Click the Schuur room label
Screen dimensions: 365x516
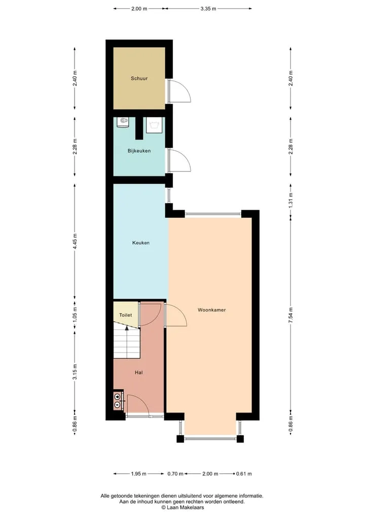(x=139, y=78)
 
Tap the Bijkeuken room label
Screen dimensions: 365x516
(x=139, y=151)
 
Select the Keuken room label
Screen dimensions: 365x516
(x=141, y=243)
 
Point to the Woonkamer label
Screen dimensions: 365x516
(x=212, y=310)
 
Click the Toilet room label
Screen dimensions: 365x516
(x=125, y=315)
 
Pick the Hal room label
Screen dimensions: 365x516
(x=139, y=372)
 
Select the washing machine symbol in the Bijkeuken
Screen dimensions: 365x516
(x=154, y=125)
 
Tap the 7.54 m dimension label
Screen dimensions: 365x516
(x=290, y=315)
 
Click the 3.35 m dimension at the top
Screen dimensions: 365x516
(x=208, y=9)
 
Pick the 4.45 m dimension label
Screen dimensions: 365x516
(x=75, y=241)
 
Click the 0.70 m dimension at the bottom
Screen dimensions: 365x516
(x=175, y=474)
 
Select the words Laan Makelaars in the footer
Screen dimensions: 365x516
(x=185, y=507)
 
